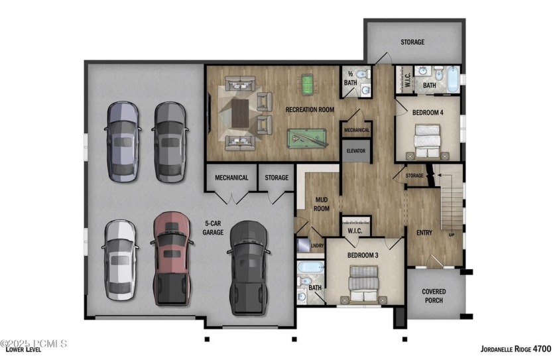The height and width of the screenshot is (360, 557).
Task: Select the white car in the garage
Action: pos(120,261)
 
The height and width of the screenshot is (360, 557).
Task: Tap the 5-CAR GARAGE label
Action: pos(213,228)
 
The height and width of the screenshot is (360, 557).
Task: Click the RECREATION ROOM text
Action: pos(310,109)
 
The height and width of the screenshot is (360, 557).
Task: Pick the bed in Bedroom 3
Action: pos(365,284)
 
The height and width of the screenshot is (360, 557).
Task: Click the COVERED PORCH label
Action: pos(433,296)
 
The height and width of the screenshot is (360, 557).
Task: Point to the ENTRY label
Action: pos(424,233)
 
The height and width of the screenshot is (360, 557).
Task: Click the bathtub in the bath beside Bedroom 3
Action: pos(310,269)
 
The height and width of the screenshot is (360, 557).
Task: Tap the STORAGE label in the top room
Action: pos(412,42)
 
